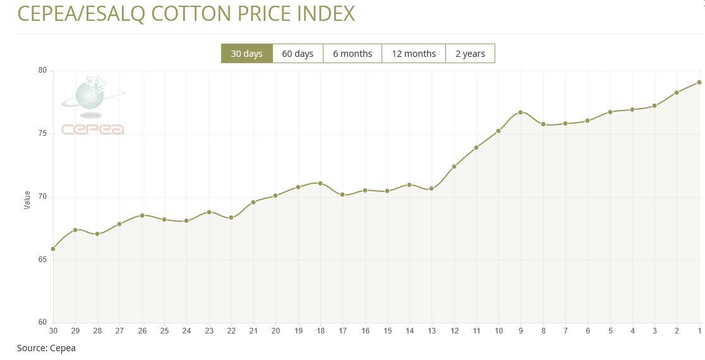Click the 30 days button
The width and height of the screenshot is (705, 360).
tap(246, 54)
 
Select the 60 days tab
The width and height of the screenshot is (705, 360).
tap(298, 54)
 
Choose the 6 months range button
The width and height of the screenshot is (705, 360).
tap(352, 54)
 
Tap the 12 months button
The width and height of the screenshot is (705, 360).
tap(414, 54)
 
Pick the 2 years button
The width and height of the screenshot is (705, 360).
tap(470, 54)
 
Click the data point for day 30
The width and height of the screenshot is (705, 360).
tap(53, 249)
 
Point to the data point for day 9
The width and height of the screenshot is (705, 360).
tap(521, 112)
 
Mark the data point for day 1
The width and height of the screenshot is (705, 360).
tap(699, 82)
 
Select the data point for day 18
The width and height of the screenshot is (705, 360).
tap(320, 183)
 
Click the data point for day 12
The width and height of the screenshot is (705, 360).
tap(454, 167)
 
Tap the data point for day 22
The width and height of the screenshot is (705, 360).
tap(231, 218)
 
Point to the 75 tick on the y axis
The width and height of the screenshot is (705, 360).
tap(42, 134)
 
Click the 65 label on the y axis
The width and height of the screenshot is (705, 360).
tap(42, 260)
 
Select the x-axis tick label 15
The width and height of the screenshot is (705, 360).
tap(387, 331)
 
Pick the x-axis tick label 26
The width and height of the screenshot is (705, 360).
tap(142, 331)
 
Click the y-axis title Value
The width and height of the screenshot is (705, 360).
tap(27, 200)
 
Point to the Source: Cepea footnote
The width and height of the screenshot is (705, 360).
tap(46, 348)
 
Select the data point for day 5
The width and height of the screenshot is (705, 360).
tap(610, 112)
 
